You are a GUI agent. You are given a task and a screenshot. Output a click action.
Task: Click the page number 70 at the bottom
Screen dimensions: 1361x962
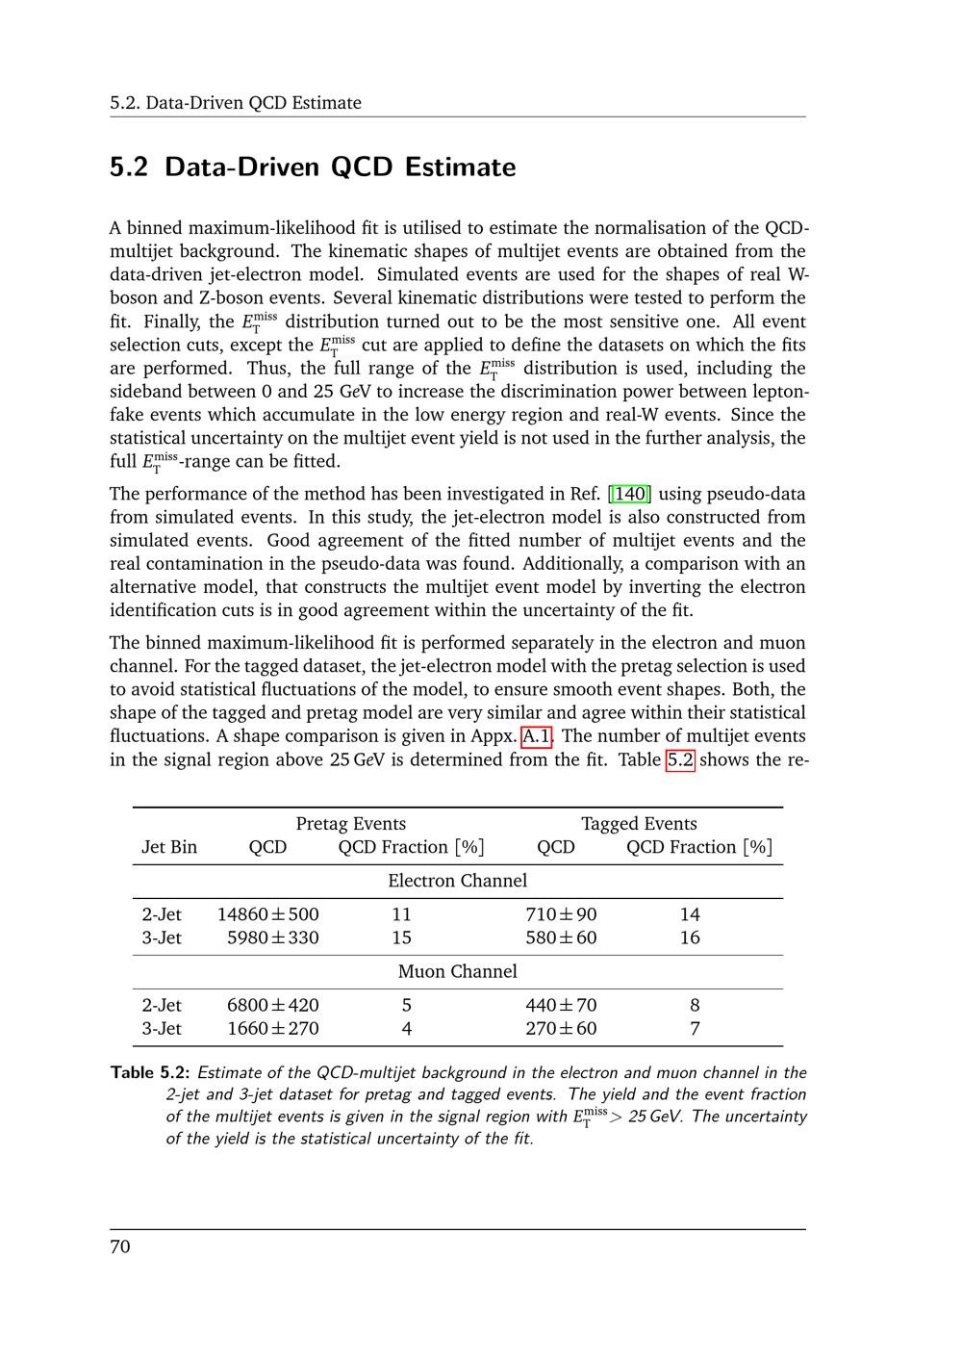pyautogui.click(x=120, y=1247)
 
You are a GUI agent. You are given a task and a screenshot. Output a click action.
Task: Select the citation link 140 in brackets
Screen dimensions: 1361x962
pyautogui.click(x=630, y=495)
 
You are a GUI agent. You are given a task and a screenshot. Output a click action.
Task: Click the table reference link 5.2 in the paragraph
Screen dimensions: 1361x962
pyautogui.click(x=680, y=760)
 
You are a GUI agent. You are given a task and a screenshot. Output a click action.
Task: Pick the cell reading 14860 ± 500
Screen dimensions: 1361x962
pyautogui.click(x=267, y=914)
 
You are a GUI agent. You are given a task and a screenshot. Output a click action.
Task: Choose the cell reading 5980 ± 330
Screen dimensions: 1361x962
pyautogui.click(x=272, y=937)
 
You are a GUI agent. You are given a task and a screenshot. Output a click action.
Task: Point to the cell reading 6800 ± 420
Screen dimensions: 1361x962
pyautogui.click(x=272, y=1006)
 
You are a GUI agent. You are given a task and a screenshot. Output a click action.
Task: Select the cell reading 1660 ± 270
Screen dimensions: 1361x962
pyautogui.click(x=272, y=1029)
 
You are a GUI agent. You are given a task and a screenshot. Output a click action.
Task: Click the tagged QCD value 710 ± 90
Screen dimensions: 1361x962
pyautogui.click(x=561, y=914)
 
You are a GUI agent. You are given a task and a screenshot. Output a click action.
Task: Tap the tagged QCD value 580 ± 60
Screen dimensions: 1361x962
pyautogui.click(x=561, y=937)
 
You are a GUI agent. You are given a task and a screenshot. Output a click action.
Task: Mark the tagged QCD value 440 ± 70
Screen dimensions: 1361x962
pyautogui.click(x=561, y=1006)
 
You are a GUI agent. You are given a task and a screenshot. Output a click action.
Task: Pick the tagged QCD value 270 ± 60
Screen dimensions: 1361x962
pyautogui.click(x=561, y=1029)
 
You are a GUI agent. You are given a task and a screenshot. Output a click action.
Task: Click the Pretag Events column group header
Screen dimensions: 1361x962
pyautogui.click(x=351, y=824)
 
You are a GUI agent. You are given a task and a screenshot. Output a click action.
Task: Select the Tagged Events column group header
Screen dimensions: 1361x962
pyautogui.click(x=639, y=824)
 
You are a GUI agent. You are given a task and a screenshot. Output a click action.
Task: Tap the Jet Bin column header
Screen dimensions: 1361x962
pyautogui.click(x=169, y=847)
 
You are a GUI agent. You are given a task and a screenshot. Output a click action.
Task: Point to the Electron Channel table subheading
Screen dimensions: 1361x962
pyautogui.click(x=458, y=881)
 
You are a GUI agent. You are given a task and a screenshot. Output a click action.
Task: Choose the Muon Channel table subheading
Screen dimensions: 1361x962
pyautogui.click(x=458, y=972)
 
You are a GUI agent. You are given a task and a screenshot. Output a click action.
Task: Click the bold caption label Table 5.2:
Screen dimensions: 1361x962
pyautogui.click(x=151, y=1073)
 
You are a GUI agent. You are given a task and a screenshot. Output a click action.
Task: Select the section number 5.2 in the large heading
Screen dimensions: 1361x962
pyautogui.click(x=129, y=167)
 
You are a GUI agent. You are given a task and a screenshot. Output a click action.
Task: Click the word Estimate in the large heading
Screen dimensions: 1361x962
pyautogui.click(x=460, y=167)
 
